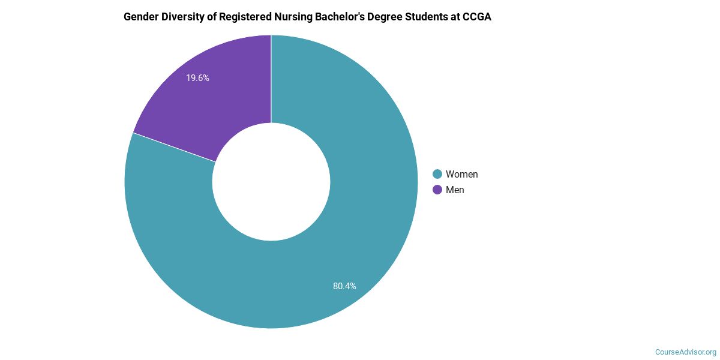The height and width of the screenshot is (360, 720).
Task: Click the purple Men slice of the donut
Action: pos(222,102)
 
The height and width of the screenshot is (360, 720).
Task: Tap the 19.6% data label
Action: pos(197,78)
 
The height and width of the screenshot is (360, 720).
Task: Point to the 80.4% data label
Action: pos(344,286)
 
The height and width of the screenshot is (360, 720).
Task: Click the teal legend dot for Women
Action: pos(437,175)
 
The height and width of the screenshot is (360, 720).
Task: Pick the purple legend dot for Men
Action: pos(437,190)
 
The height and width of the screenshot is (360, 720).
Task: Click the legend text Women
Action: pos(461,175)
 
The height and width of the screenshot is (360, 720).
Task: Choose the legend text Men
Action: pos(455,190)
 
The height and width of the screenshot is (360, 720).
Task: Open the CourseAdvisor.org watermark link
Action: pos(685,352)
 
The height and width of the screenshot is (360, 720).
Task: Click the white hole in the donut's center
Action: pos(271,182)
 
